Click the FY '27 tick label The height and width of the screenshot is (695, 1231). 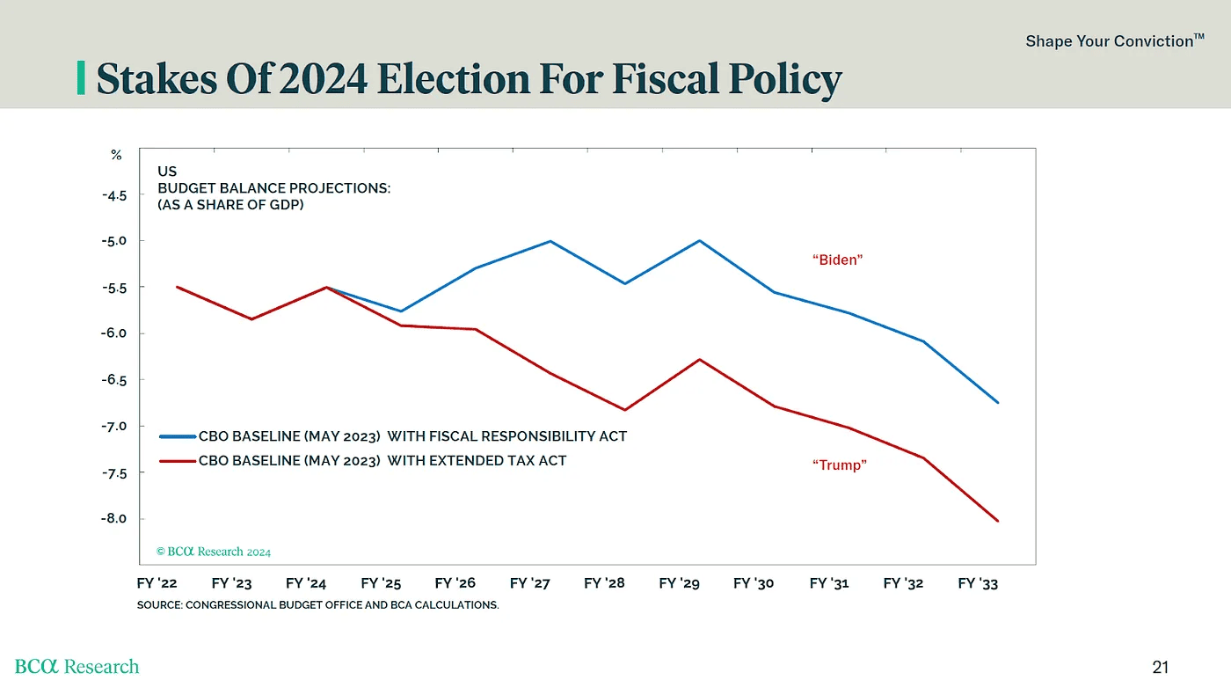point(530,583)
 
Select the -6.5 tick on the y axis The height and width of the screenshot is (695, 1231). point(114,380)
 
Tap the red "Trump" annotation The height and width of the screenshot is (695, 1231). point(839,465)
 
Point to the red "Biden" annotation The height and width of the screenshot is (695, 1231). point(837,260)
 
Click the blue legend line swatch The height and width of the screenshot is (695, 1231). point(177,435)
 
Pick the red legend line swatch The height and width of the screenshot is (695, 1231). point(177,460)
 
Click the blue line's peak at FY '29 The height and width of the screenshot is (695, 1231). point(700,240)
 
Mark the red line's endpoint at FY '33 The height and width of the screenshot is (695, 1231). point(998,521)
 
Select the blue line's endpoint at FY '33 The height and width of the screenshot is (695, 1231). point(998,402)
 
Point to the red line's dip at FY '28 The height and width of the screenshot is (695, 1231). point(625,410)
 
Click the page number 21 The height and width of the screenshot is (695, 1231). point(1160,668)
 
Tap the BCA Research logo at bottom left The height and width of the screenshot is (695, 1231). point(76,667)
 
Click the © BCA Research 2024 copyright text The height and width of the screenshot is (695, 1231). point(214,552)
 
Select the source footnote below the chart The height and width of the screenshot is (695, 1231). point(317,605)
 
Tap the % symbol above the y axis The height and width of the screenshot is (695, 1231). point(116,155)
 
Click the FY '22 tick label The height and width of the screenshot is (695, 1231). point(157,583)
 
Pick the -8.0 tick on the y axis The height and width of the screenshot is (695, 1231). point(114,519)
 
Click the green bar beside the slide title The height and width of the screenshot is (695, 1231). point(82,78)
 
